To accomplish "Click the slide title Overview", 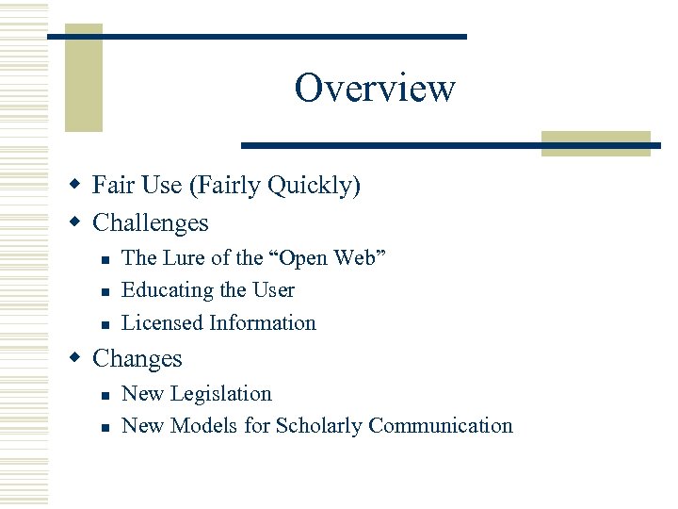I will tap(375, 89).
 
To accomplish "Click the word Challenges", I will tap(151, 223).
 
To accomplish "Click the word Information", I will tap(263, 323).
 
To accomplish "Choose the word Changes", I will tap(137, 359).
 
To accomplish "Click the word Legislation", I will tap(227, 394).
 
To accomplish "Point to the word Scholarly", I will tap(319, 426).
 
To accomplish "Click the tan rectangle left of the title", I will tap(83, 85).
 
